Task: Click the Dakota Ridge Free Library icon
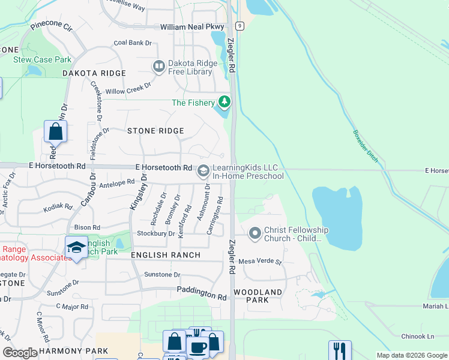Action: coord(159,66)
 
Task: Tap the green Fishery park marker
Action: coord(224,102)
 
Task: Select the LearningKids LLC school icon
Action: coord(203,172)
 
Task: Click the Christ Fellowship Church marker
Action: coord(255,233)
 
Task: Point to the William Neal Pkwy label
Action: coord(192,27)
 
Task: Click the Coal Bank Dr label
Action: coord(133,43)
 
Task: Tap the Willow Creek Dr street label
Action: coord(128,89)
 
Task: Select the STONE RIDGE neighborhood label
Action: coord(155,130)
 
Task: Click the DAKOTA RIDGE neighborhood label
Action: coord(94,73)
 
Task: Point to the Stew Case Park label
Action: coord(43,59)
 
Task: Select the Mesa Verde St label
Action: coord(260,262)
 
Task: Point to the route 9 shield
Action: coord(240,25)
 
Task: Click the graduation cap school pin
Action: coord(76,247)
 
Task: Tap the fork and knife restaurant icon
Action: coord(340,350)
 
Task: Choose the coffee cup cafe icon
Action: coord(198,347)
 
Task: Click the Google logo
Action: coord(20,353)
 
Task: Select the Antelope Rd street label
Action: coord(117,182)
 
